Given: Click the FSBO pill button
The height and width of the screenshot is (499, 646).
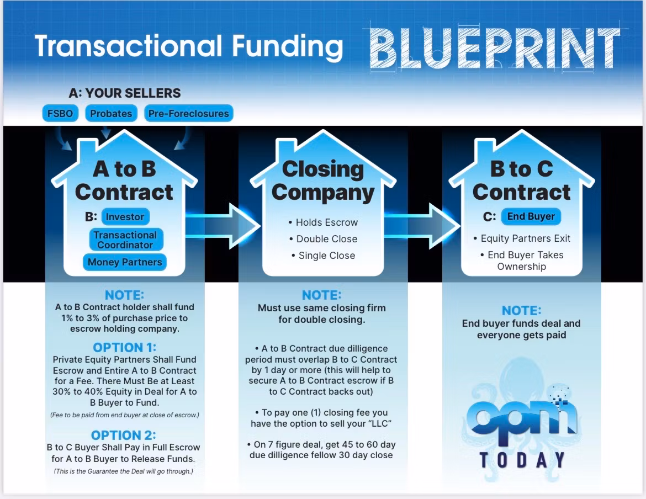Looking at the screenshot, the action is pyautogui.click(x=60, y=113).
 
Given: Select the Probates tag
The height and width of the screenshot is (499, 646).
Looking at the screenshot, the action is pyautogui.click(x=111, y=113).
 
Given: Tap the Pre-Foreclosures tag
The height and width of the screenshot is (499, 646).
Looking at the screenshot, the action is pyautogui.click(x=188, y=113).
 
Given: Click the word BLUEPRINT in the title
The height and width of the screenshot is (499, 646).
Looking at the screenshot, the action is pyautogui.click(x=495, y=47).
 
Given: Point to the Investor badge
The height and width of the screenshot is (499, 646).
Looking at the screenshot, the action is pyautogui.click(x=125, y=216).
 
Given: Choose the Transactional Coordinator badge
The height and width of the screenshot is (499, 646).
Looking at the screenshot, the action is pyautogui.click(x=126, y=240).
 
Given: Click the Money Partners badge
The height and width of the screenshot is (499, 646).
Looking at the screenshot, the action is pyautogui.click(x=125, y=262).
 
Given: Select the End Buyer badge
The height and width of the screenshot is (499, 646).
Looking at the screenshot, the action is pyautogui.click(x=531, y=216).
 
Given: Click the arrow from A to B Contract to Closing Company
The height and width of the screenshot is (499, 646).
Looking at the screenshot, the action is pyautogui.click(x=223, y=226).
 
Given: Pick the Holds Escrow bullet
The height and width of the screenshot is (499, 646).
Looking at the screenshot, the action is pyautogui.click(x=324, y=222).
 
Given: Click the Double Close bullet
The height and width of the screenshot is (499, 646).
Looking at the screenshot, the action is pyautogui.click(x=324, y=239).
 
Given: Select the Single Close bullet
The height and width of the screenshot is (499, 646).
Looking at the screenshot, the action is pyautogui.click(x=324, y=256).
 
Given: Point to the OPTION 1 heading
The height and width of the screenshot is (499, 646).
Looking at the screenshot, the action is pyautogui.click(x=124, y=347).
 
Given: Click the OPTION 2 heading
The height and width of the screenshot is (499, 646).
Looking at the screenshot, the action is pyautogui.click(x=124, y=435).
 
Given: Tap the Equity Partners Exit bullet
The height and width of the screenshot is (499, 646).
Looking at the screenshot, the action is pyautogui.click(x=522, y=238).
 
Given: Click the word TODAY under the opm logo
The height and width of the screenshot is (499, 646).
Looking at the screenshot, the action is pyautogui.click(x=522, y=460).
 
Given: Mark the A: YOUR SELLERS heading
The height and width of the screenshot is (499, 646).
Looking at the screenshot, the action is pyautogui.click(x=125, y=93).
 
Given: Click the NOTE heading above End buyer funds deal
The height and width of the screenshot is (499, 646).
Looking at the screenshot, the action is pyautogui.click(x=522, y=310).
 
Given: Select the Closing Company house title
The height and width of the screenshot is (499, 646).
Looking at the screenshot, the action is pyautogui.click(x=324, y=181).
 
